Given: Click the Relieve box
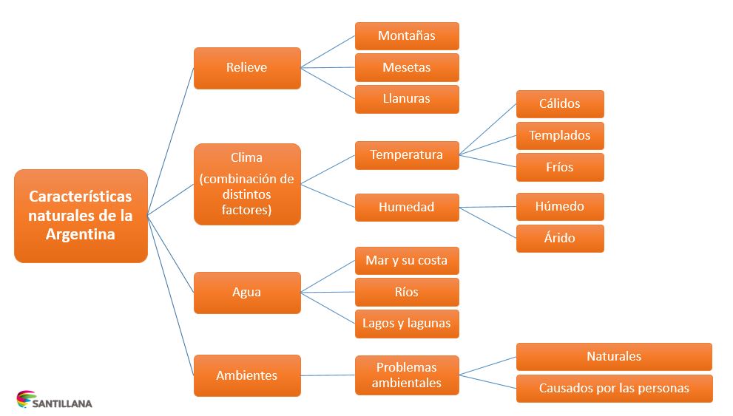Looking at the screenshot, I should [247, 68].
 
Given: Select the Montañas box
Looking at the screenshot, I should [407, 35].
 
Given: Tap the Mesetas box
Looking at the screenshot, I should [407, 67].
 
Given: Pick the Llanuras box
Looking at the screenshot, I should [407, 99].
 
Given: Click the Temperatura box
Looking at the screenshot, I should [407, 155].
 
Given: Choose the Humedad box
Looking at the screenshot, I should [407, 208].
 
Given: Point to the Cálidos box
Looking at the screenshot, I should [560, 104].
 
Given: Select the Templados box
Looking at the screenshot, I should [560, 136].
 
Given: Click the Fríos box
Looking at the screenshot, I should [560, 167].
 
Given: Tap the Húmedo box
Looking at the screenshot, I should [560, 207].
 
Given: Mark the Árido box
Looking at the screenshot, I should [560, 239].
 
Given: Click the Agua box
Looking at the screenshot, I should [247, 293].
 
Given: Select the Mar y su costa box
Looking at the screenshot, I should [407, 261].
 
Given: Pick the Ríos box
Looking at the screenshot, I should [407, 292].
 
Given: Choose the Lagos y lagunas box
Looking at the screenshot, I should [407, 324].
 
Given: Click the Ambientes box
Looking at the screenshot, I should [247, 375].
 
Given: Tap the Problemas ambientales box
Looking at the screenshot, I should [407, 375].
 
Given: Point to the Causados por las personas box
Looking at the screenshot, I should [614, 389].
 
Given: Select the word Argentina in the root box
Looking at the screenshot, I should [81, 234].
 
